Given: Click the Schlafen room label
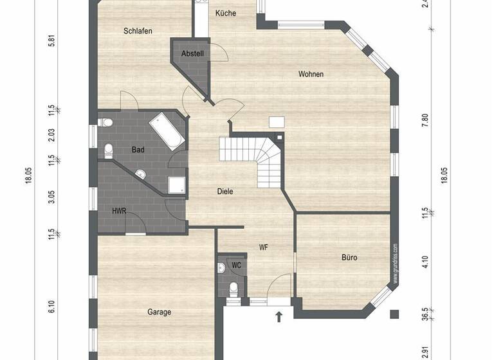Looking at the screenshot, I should tap(138, 31).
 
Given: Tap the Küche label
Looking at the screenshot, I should tap(226, 14).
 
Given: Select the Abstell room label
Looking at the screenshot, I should tap(193, 53).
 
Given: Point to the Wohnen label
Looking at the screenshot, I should tap(311, 74).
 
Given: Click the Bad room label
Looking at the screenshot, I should tap(138, 150).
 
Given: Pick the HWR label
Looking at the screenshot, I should tap(119, 211).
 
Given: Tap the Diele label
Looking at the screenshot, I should tap(224, 191).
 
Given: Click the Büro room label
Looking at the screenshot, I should tap(349, 258).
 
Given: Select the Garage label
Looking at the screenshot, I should tap(159, 312).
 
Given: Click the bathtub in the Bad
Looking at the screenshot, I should tap(167, 130).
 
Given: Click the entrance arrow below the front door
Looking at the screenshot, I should tap(279, 316).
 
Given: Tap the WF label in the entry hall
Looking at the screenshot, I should tap(264, 247).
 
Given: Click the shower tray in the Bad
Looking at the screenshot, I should tap(177, 185).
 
